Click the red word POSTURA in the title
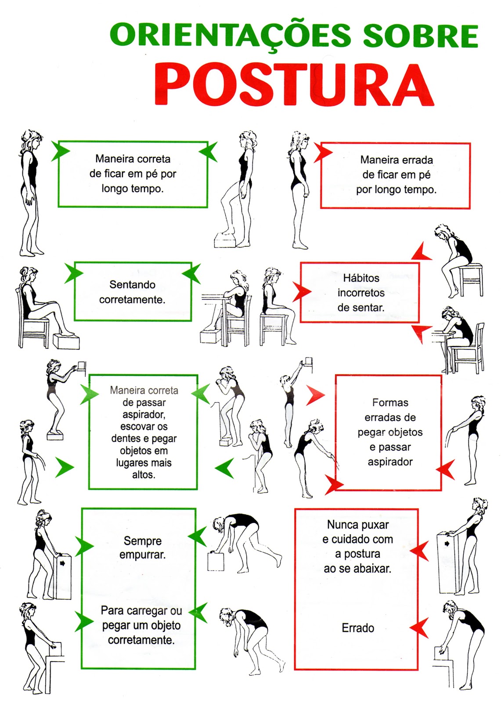(x=294, y=84)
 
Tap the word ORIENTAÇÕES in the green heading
(x=230, y=36)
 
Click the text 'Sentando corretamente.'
(x=132, y=292)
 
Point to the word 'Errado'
(x=358, y=628)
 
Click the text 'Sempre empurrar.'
(x=142, y=548)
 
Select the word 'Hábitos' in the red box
(x=361, y=278)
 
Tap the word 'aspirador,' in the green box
(x=144, y=414)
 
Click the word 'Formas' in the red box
(x=390, y=402)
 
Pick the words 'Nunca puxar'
(x=358, y=524)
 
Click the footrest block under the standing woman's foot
(x=225, y=240)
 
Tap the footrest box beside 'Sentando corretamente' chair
(x=66, y=341)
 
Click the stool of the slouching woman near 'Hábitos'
(x=471, y=279)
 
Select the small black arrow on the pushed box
(x=62, y=563)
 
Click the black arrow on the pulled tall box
(x=447, y=544)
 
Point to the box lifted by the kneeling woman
(x=216, y=561)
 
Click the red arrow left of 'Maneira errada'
(x=322, y=153)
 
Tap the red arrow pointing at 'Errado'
(x=419, y=628)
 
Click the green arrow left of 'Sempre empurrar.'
(x=84, y=546)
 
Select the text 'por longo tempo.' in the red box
(x=396, y=190)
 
